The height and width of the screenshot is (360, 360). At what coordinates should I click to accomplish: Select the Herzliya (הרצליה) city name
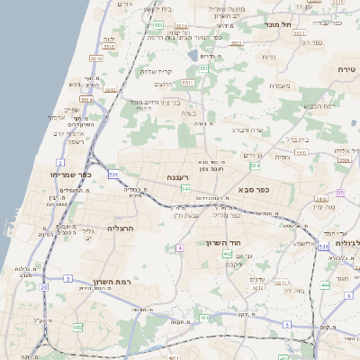pyautogui.click(x=120, y=229)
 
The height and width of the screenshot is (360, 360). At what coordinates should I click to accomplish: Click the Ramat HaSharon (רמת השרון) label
pyautogui.click(x=112, y=282)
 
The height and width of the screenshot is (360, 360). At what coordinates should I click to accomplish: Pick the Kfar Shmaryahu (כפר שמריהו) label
pyautogui.click(x=67, y=174)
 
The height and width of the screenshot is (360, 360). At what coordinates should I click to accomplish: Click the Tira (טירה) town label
pyautogui.click(x=347, y=69)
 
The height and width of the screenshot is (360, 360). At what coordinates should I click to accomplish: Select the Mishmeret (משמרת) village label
pyautogui.click(x=279, y=85)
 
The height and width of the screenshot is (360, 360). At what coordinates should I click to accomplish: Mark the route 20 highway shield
pyautogui.click(x=43, y=286)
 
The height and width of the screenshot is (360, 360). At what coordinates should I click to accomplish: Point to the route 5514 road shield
pyautogui.click(x=86, y=101)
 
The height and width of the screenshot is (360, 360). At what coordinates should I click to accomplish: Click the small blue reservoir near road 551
pyautogui.click(x=193, y=56)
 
